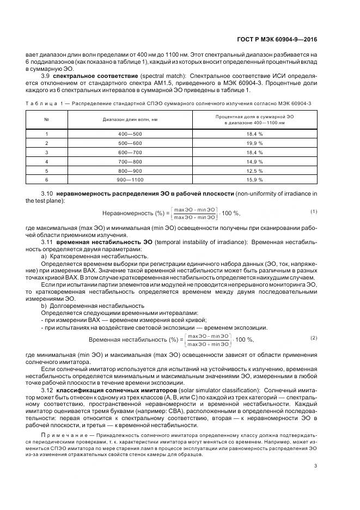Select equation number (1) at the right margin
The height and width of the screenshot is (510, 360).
(314, 211)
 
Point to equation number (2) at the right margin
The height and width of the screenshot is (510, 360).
(314, 338)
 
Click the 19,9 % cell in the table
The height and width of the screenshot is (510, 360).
(255, 143)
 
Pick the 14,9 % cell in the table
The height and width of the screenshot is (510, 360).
(255, 161)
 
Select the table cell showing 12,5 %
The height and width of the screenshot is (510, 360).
(255, 170)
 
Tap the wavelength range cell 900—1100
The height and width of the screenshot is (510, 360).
(130, 179)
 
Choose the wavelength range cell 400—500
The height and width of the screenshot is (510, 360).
(130, 133)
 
